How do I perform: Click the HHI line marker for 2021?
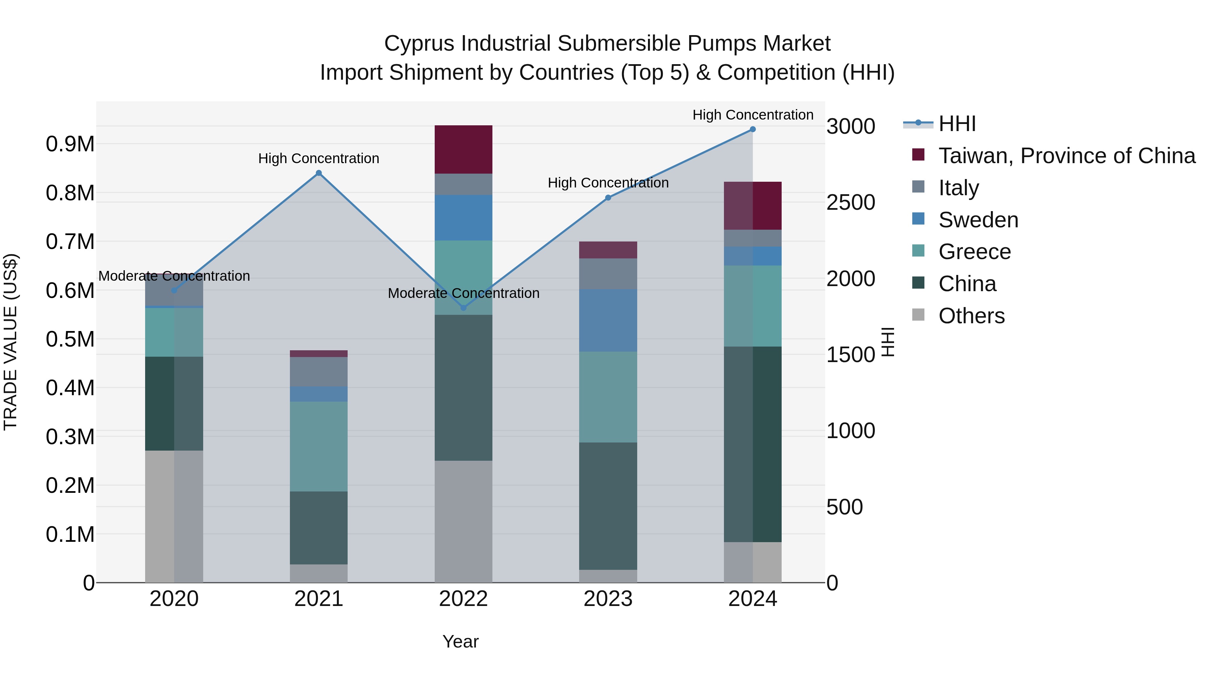(x=318, y=173)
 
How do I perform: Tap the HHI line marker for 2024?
(x=752, y=129)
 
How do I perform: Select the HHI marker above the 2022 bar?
(x=463, y=308)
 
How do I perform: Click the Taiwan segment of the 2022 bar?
(x=463, y=149)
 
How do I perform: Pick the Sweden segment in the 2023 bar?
(x=608, y=320)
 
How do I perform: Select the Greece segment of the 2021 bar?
(x=318, y=446)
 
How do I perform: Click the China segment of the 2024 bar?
(x=752, y=444)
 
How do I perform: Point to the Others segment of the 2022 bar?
(x=463, y=521)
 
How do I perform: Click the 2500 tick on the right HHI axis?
(x=850, y=203)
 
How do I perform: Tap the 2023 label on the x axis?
(x=608, y=599)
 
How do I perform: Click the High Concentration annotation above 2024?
(x=752, y=115)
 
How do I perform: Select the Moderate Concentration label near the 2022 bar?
(x=463, y=293)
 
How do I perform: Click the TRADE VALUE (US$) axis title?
(x=10, y=342)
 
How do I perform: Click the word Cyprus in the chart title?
(x=420, y=44)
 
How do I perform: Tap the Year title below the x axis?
(x=460, y=641)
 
